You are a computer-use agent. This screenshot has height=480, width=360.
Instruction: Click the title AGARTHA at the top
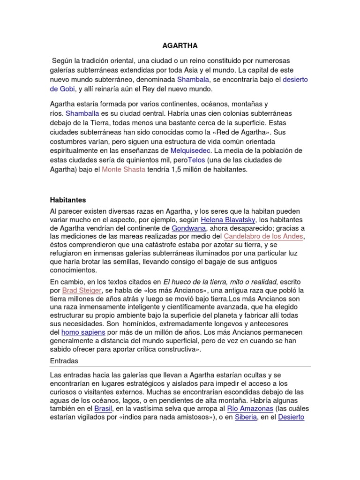pyautogui.click(x=180, y=46)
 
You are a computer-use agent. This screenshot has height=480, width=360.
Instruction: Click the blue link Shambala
pyautogui.click(x=193, y=80)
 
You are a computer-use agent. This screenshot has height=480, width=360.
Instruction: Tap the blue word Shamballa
pyautogui.click(x=83, y=113)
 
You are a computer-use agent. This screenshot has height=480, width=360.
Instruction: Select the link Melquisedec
pyautogui.click(x=191, y=151)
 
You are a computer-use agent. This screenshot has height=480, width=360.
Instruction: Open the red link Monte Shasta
pyautogui.click(x=123, y=170)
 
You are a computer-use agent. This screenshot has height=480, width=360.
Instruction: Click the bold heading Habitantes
pyautogui.click(x=68, y=200)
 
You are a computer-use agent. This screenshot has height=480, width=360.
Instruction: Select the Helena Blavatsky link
pyautogui.click(x=227, y=219)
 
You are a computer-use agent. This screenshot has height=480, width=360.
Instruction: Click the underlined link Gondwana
pyautogui.click(x=189, y=228)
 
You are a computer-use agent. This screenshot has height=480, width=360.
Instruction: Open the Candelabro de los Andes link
pyautogui.click(x=263, y=237)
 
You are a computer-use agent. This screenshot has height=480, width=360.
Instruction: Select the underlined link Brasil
pyautogui.click(x=104, y=408)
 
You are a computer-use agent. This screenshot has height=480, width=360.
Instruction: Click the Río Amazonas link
pyautogui.click(x=247, y=408)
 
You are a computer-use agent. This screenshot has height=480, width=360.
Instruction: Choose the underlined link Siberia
pyautogui.click(x=246, y=417)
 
